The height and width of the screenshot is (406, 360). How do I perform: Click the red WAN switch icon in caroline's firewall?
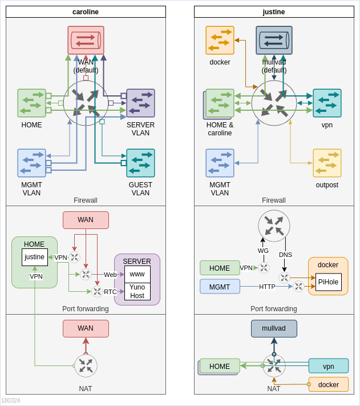(x=86, y=40)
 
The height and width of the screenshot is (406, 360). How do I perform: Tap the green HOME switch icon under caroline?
(x=31, y=103)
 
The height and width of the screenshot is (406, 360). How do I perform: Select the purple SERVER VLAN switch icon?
(x=140, y=103)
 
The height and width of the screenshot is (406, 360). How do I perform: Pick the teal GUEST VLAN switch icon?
(x=140, y=163)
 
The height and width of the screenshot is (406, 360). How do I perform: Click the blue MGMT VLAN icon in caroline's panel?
(x=31, y=163)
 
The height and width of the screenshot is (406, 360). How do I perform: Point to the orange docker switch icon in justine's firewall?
(x=220, y=40)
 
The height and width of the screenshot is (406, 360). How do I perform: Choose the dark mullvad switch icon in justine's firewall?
(x=274, y=40)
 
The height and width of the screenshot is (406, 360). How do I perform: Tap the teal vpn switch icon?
(x=327, y=103)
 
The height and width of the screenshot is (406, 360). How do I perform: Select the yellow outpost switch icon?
(x=327, y=163)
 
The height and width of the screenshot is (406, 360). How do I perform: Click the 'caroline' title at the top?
(x=86, y=11)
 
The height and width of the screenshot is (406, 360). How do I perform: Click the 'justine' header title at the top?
(x=274, y=11)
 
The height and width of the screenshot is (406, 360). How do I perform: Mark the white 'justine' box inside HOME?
(x=35, y=257)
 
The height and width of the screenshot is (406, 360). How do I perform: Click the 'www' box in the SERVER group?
(x=137, y=274)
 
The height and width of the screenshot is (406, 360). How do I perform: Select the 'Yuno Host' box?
(x=137, y=291)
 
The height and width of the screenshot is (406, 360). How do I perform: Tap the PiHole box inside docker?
(x=329, y=282)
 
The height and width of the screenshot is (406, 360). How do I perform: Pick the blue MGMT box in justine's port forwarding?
(x=220, y=287)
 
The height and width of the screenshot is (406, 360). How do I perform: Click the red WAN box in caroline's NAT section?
(x=86, y=328)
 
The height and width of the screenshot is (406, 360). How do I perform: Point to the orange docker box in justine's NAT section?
(x=329, y=384)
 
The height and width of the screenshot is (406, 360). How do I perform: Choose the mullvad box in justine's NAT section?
(x=274, y=328)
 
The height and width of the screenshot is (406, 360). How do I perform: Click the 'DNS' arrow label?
(x=285, y=255)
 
